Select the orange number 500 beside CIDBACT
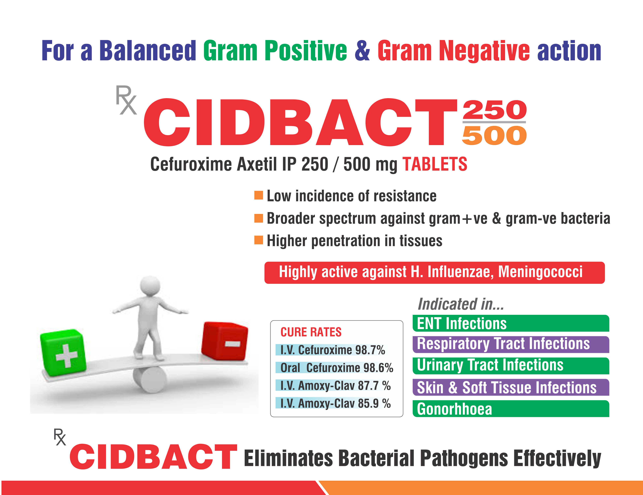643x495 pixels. pyautogui.click(x=494, y=135)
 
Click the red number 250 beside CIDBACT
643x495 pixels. pyautogui.click(x=494, y=110)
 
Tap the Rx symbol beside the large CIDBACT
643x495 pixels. pyautogui.click(x=126, y=100)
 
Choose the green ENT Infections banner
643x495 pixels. pyautogui.click(x=511, y=323)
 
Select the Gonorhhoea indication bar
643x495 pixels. pyautogui.click(x=511, y=409)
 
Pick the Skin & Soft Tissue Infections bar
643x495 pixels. pyautogui.click(x=511, y=387)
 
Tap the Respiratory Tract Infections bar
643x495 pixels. pyautogui.click(x=511, y=345)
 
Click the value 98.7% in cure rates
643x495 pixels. pyautogui.click(x=370, y=350)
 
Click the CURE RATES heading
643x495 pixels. pyautogui.click(x=311, y=332)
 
